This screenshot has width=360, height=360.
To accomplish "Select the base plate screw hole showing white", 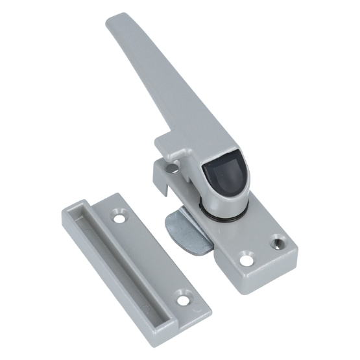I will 247,259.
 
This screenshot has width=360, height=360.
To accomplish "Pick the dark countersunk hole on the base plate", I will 278,243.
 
